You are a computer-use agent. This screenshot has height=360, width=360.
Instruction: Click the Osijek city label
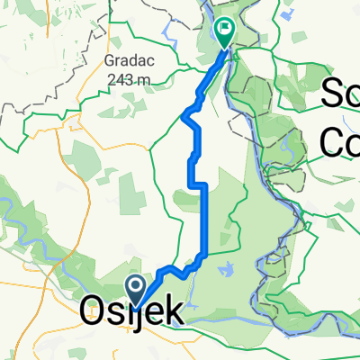[x=134, y=312]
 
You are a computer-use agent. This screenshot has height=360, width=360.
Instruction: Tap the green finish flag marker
[x=223, y=32]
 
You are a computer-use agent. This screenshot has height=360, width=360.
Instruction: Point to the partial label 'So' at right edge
[x=341, y=94]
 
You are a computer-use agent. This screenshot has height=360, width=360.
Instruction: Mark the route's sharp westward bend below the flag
[x=185, y=114]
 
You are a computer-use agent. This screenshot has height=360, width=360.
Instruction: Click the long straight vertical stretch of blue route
[x=206, y=220]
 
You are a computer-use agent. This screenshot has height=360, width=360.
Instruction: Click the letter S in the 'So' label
[x=332, y=94]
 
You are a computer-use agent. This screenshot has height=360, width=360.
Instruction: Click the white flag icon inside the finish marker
[x=223, y=29]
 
